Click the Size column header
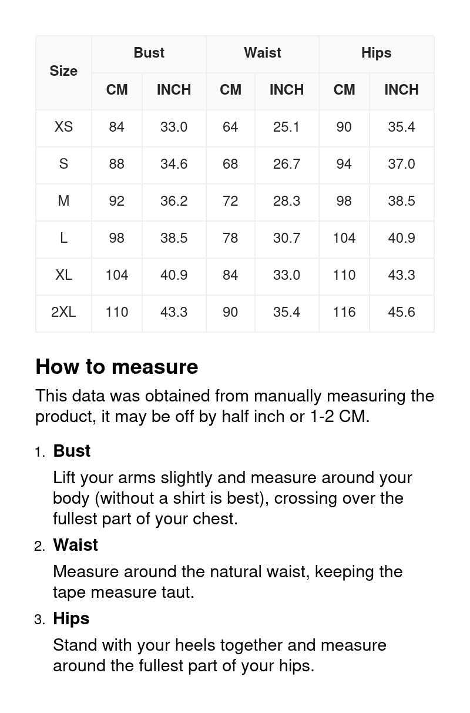[x=63, y=71]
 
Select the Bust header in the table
[x=149, y=53]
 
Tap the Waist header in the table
[x=263, y=53]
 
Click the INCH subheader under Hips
[x=401, y=90]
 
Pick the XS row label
[x=63, y=127]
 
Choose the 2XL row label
[x=63, y=312]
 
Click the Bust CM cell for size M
[x=116, y=201]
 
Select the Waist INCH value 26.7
[x=287, y=164]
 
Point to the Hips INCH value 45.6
[x=401, y=312]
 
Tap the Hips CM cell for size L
[x=344, y=238]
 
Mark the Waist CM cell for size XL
[x=230, y=275]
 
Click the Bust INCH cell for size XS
[x=174, y=127]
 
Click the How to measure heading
[x=117, y=367]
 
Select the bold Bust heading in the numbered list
[x=72, y=451]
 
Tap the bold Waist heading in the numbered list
[x=76, y=545]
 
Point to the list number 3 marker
[x=39, y=620]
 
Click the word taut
[x=177, y=592]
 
